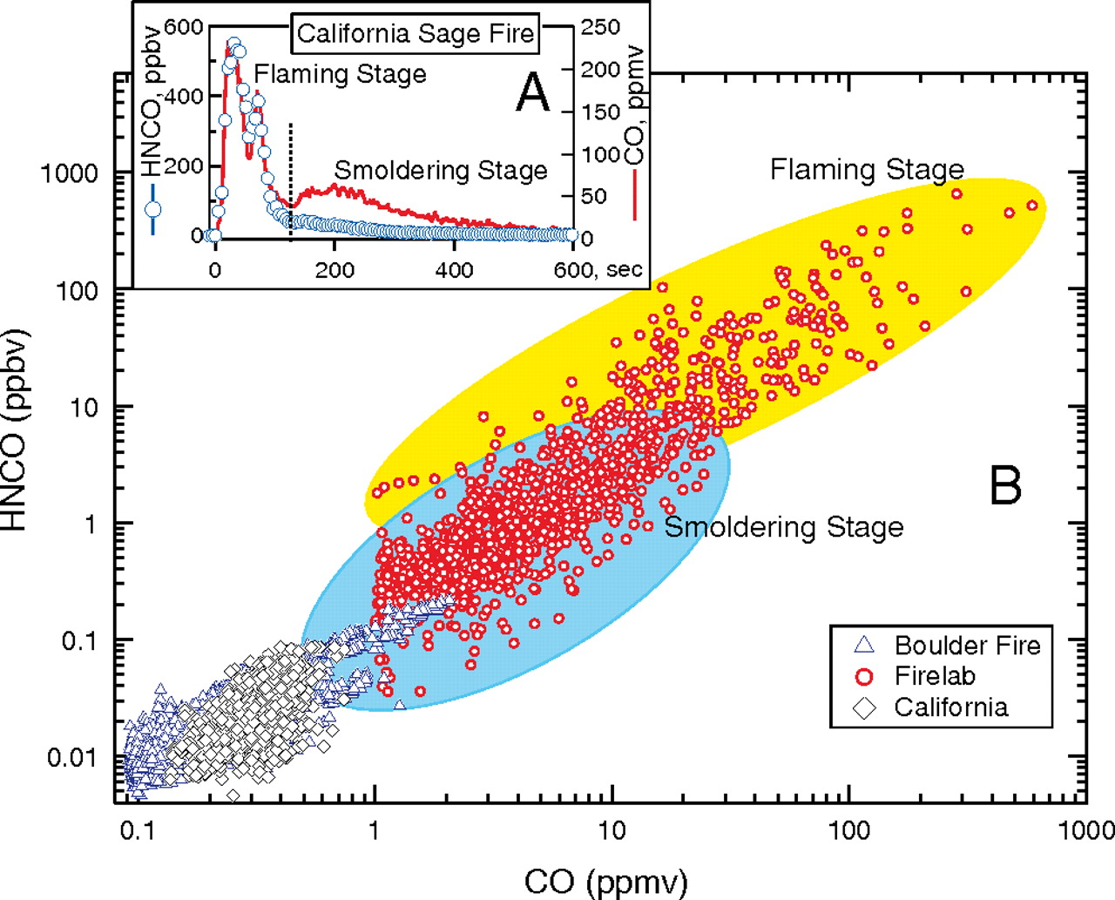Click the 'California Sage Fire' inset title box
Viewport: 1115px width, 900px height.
click(416, 34)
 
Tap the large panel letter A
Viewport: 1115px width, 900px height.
click(533, 93)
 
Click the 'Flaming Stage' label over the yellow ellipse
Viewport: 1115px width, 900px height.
click(867, 169)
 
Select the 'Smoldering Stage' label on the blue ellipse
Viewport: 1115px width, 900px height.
click(784, 527)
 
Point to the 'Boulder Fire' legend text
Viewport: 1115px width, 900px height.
click(967, 646)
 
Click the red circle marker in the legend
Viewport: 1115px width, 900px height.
click(864, 676)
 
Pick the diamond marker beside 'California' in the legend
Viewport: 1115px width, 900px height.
click(864, 707)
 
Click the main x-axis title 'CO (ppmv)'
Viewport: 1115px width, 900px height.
click(605, 881)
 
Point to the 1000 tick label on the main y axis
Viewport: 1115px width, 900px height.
click(70, 173)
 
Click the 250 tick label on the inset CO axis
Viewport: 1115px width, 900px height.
click(600, 27)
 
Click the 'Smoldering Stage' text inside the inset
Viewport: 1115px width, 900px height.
click(441, 170)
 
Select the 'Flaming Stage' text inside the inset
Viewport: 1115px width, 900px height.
click(341, 75)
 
